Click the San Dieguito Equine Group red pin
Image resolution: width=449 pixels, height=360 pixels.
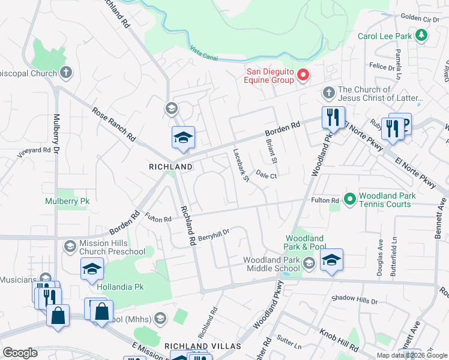point(304,75)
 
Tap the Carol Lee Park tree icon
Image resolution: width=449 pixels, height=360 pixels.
point(422,35)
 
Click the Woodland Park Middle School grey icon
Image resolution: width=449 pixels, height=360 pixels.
point(309,263)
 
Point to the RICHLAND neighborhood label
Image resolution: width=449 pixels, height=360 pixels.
point(170,166)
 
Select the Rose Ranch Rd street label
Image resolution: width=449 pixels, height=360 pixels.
point(113,125)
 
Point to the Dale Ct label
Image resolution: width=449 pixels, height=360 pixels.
point(266,175)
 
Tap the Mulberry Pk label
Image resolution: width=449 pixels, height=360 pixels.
point(67,201)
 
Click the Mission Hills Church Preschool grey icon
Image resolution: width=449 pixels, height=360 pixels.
point(70,247)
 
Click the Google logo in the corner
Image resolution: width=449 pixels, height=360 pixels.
point(20,353)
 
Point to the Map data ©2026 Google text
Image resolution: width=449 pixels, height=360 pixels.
point(412,355)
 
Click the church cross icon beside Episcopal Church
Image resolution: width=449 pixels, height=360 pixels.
point(66,73)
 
